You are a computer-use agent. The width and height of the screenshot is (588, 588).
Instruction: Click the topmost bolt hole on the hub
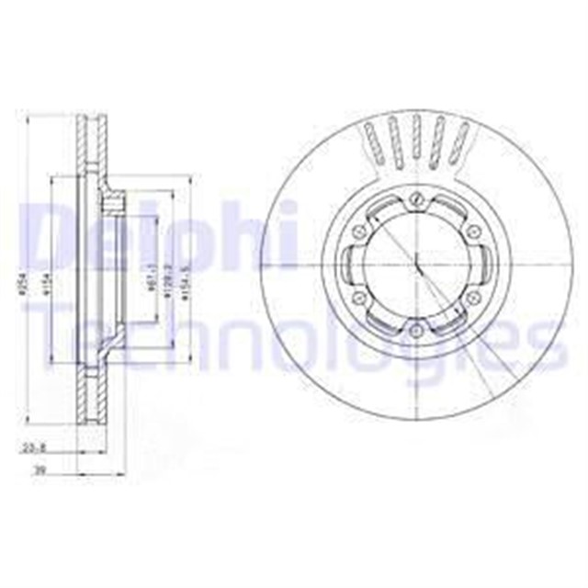(x=416, y=197)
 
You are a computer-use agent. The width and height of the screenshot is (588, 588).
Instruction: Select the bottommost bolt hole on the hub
(x=417, y=331)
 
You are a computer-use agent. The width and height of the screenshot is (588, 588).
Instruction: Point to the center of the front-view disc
(x=417, y=265)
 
